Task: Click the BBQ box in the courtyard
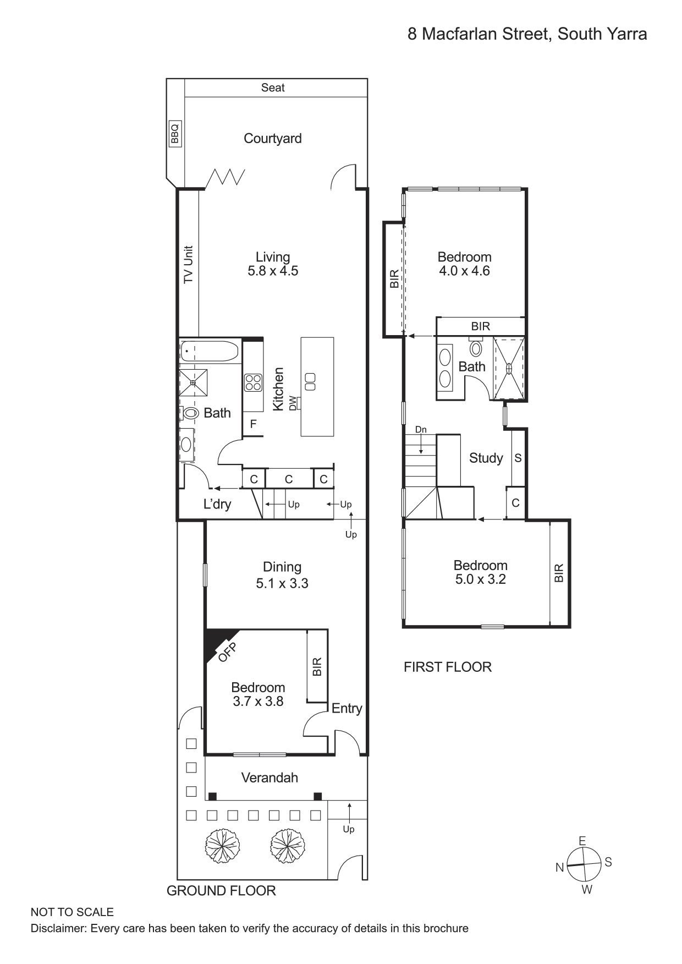174,134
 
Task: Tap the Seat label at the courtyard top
273,87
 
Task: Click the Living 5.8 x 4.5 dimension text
273,271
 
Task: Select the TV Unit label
188,264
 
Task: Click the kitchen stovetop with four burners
254,382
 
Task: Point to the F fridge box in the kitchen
253,424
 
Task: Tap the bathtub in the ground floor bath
210,351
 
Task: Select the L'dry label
217,504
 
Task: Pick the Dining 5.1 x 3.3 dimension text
282,583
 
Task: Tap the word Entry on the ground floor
346,709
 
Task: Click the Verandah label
269,777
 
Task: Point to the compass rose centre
584,864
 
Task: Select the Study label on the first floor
486,458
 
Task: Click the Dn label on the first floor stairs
421,430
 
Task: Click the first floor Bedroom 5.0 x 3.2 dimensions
481,579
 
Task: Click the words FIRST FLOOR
447,667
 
